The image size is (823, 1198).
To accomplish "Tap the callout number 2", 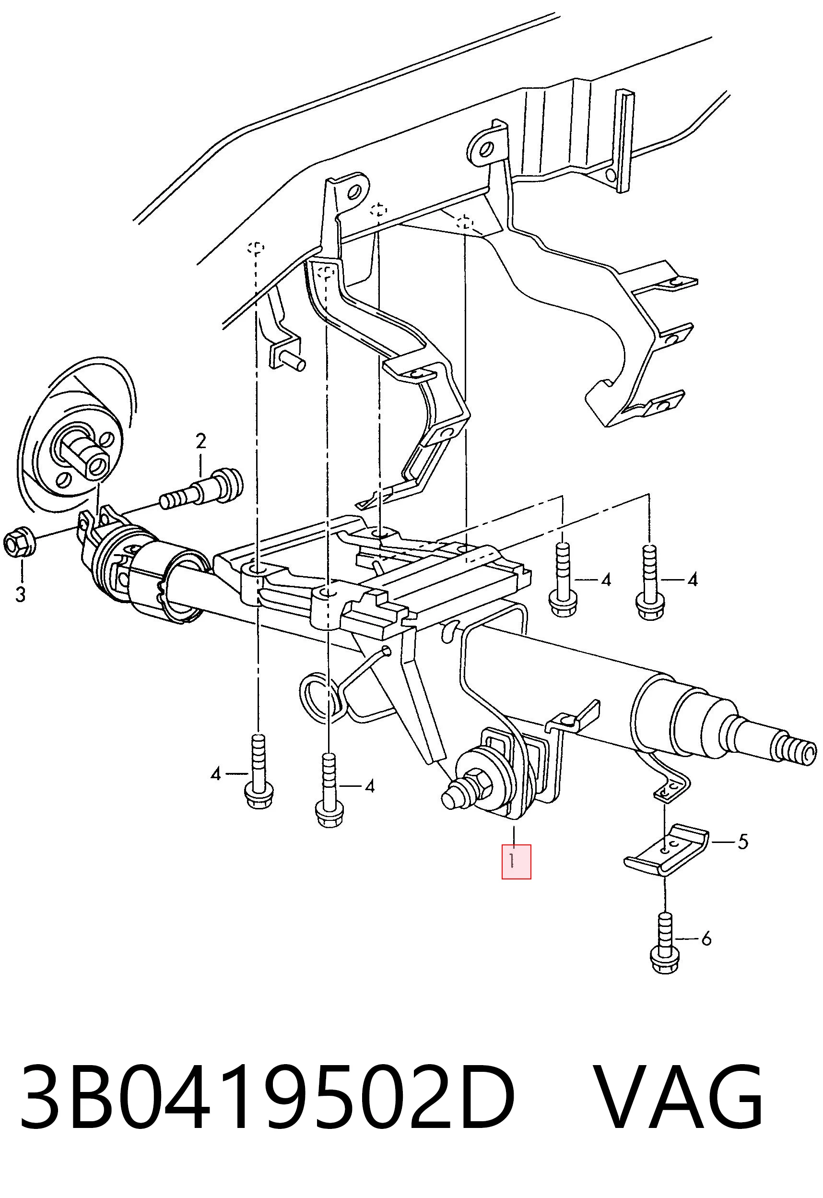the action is (x=200, y=441).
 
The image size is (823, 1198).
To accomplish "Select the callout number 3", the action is (x=20, y=594).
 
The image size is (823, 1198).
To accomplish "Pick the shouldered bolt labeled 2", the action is (x=201, y=488).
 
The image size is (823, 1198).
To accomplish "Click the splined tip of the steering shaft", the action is (x=797, y=750).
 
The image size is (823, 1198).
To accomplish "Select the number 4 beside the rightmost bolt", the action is (x=693, y=580).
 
